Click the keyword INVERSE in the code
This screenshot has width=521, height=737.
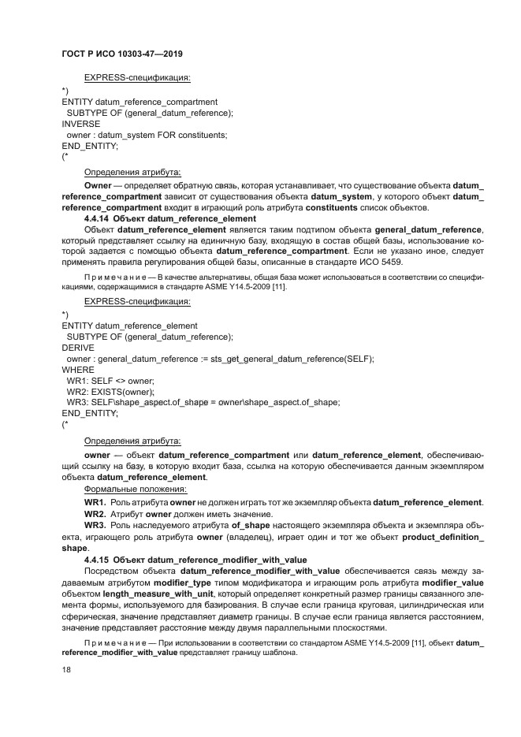80,124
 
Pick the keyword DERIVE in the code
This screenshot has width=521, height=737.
78,348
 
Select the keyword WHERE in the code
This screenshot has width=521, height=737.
78,370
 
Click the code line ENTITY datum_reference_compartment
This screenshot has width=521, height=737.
140,102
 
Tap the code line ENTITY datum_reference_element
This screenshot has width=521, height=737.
129,326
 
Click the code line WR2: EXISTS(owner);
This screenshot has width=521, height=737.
110,392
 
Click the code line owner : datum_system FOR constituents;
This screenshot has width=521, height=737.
147,135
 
